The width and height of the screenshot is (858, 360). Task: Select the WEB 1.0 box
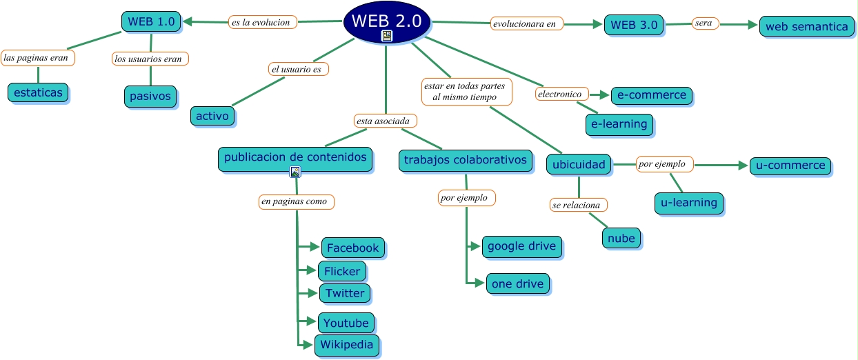click(x=151, y=21)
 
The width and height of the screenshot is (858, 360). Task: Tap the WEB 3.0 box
click(x=635, y=25)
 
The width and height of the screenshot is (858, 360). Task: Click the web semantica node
click(x=806, y=27)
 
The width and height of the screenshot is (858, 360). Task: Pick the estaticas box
click(x=38, y=92)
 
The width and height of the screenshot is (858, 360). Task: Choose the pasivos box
click(x=150, y=96)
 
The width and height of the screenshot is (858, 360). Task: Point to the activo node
click(x=212, y=116)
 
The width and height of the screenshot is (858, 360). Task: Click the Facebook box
click(x=352, y=248)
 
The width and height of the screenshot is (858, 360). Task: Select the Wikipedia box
click(x=347, y=345)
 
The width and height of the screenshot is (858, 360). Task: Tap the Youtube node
click(x=346, y=323)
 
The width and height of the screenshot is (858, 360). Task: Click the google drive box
click(x=521, y=246)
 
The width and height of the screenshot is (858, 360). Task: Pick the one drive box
click(x=517, y=283)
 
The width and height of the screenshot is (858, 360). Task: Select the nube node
click(x=621, y=238)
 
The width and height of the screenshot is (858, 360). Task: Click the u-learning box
click(x=688, y=203)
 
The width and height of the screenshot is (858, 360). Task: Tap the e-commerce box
click(x=652, y=94)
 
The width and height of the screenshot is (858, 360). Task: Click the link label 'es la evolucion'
click(x=263, y=22)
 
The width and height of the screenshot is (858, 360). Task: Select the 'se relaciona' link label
click(x=579, y=205)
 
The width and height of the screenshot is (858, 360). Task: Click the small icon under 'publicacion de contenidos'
click(x=295, y=172)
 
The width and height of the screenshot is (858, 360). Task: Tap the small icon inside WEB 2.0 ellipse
click(x=387, y=36)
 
